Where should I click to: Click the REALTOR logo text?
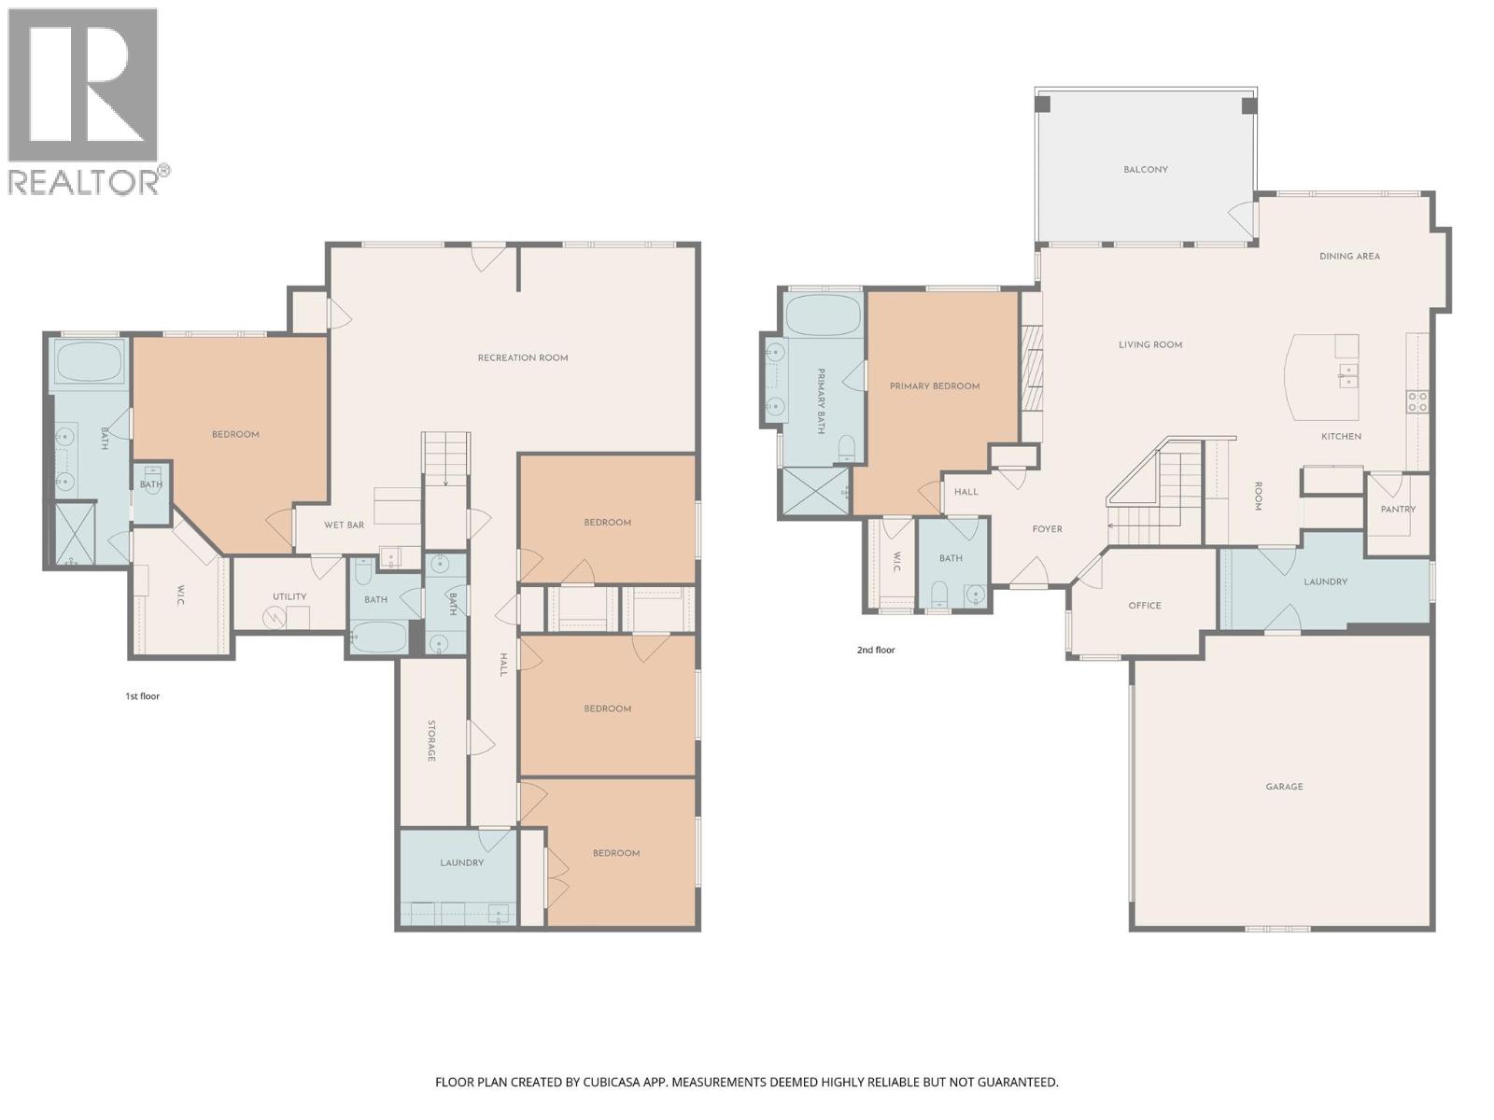[x=84, y=180]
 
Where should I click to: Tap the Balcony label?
[x=1145, y=170]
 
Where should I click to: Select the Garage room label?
[x=1284, y=787]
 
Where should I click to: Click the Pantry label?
[x=1398, y=510]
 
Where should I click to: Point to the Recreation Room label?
[x=523, y=358]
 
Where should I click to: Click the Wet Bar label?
[x=344, y=525]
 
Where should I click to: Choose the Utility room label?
[x=289, y=597]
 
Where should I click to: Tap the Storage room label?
[x=431, y=740]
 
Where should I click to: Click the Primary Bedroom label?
[x=935, y=386]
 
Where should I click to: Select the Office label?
[x=1145, y=606]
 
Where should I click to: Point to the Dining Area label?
[x=1349, y=257]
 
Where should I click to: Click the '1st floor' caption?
[x=143, y=696]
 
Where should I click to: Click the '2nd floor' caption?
[x=876, y=651]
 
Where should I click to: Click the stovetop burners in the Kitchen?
[x=1416, y=402]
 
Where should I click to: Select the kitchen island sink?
[x=1348, y=377]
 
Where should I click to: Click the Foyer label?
[x=1047, y=529]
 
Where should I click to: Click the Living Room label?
[x=1150, y=345]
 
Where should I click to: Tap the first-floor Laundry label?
[x=461, y=863]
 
